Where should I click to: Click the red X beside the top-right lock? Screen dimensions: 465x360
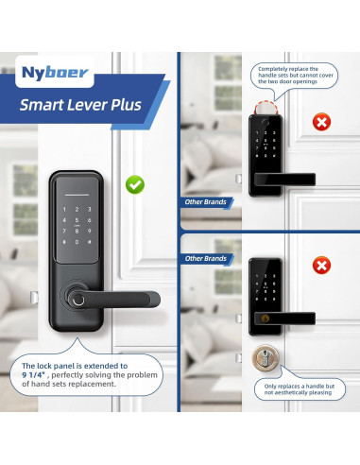322,122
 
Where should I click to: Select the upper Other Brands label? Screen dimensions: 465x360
205,202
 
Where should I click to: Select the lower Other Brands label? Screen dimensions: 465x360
205,257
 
